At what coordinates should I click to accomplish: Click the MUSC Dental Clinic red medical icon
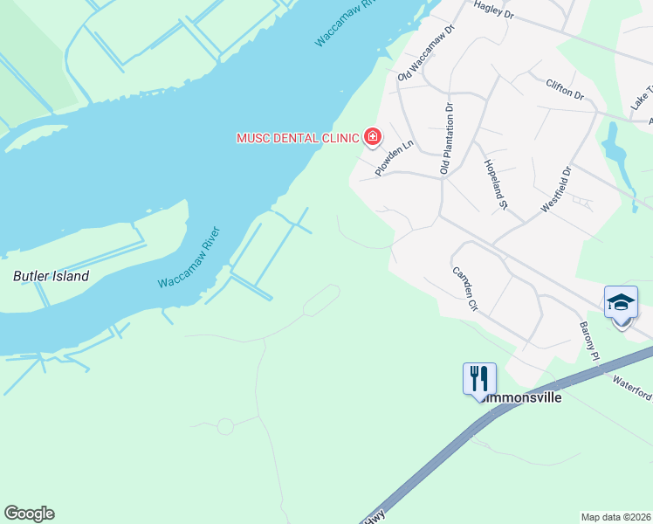pos(373,137)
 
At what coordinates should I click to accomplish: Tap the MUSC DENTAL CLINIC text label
pos(299,138)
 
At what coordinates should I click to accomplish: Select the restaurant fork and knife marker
pos(479,379)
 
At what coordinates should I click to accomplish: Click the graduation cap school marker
pos(621,302)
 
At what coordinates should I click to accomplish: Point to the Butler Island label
pos(51,276)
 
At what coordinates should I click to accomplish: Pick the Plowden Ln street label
pos(394,158)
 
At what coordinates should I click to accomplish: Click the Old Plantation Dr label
pos(446,139)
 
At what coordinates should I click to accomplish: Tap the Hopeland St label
pos(495,183)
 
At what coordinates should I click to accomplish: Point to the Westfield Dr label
pos(555,189)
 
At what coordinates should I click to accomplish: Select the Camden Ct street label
pos(464,289)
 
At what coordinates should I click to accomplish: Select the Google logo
pos(29,514)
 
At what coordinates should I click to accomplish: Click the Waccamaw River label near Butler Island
pos(189,259)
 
